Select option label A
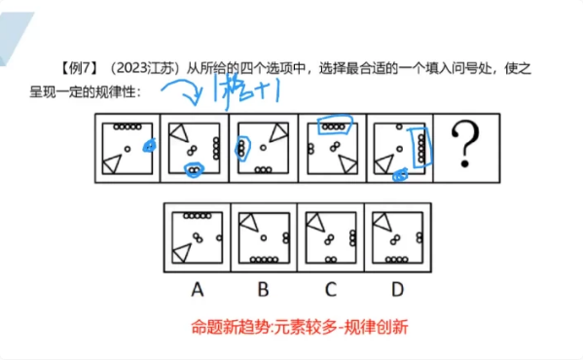point(196,288)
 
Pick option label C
point(330,288)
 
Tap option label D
point(398,288)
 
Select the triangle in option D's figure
point(384,221)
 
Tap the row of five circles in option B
point(266,259)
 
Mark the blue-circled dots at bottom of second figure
point(195,170)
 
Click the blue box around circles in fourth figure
point(336,126)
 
